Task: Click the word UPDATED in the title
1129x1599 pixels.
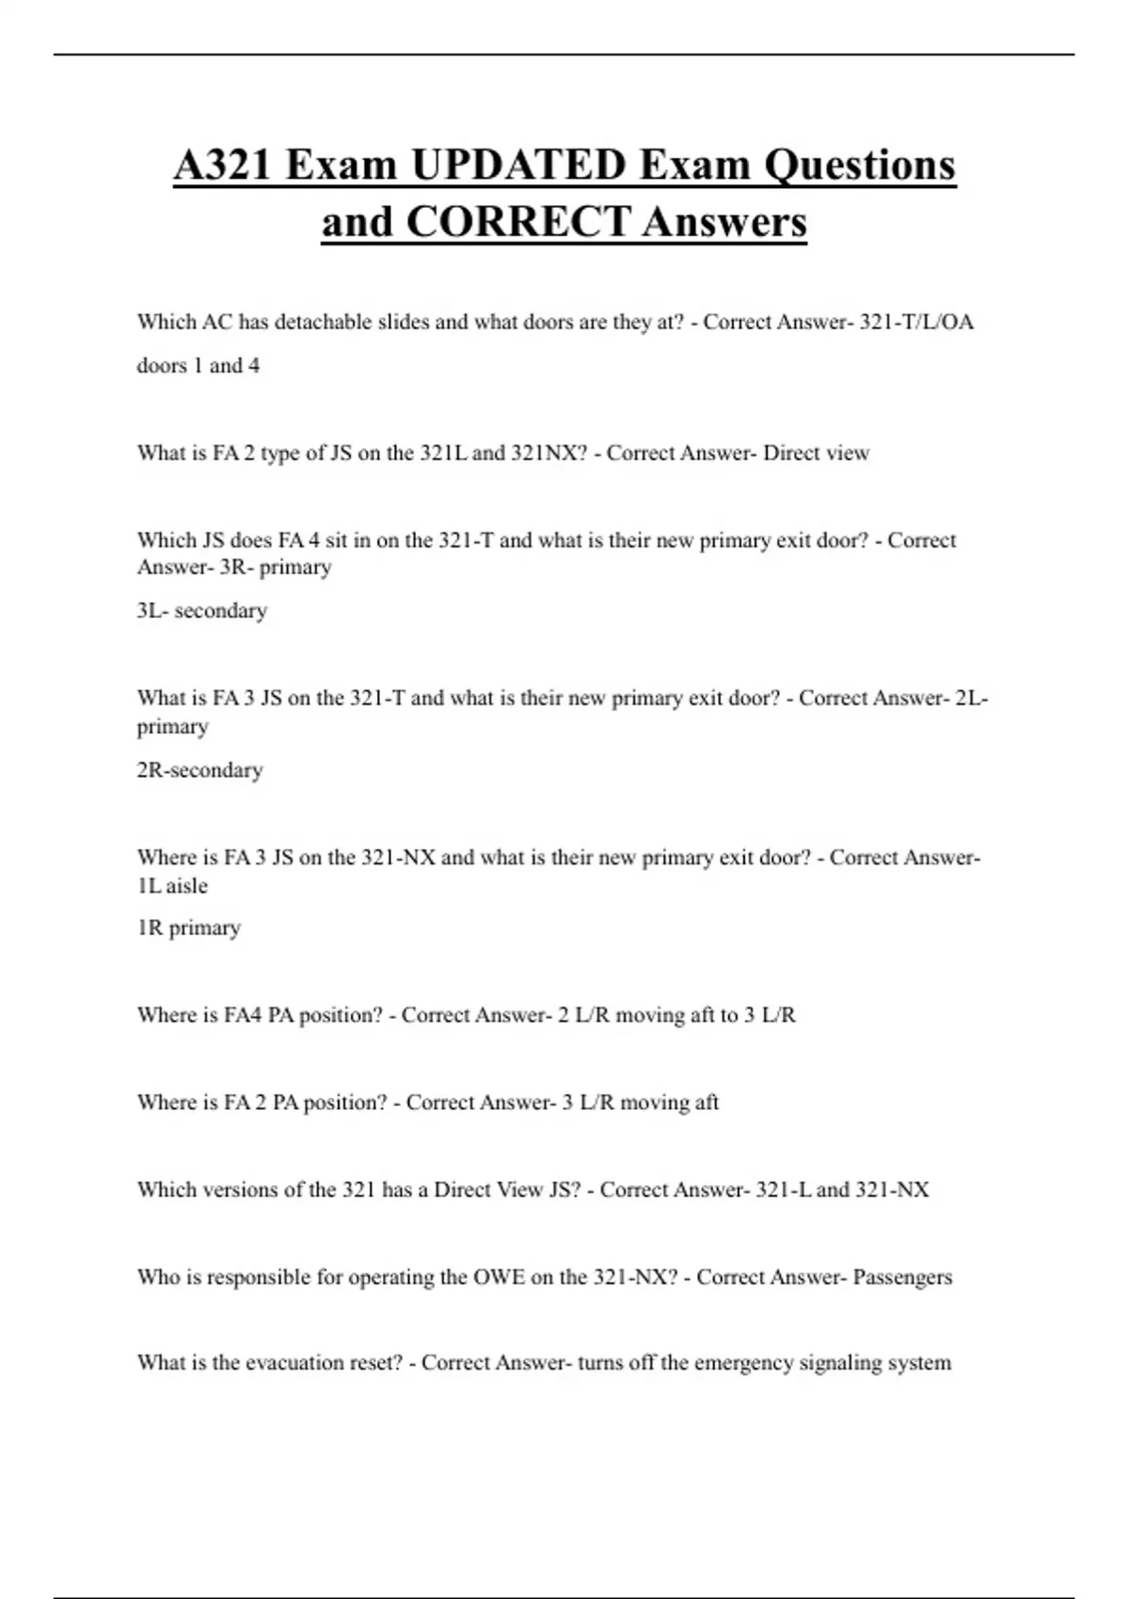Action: coord(518,166)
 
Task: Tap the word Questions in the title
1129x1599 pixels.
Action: coord(859,166)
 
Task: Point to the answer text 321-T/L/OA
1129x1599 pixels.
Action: coord(916,322)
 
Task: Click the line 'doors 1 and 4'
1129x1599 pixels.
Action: coord(199,366)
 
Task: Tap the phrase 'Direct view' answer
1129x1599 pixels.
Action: coord(816,453)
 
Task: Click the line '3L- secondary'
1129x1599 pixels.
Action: coord(202,610)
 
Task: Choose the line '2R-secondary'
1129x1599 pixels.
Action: coord(199,770)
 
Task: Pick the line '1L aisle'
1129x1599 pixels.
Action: coord(172,886)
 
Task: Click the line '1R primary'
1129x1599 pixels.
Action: coord(189,928)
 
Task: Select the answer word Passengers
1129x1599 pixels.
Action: coord(902,1277)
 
